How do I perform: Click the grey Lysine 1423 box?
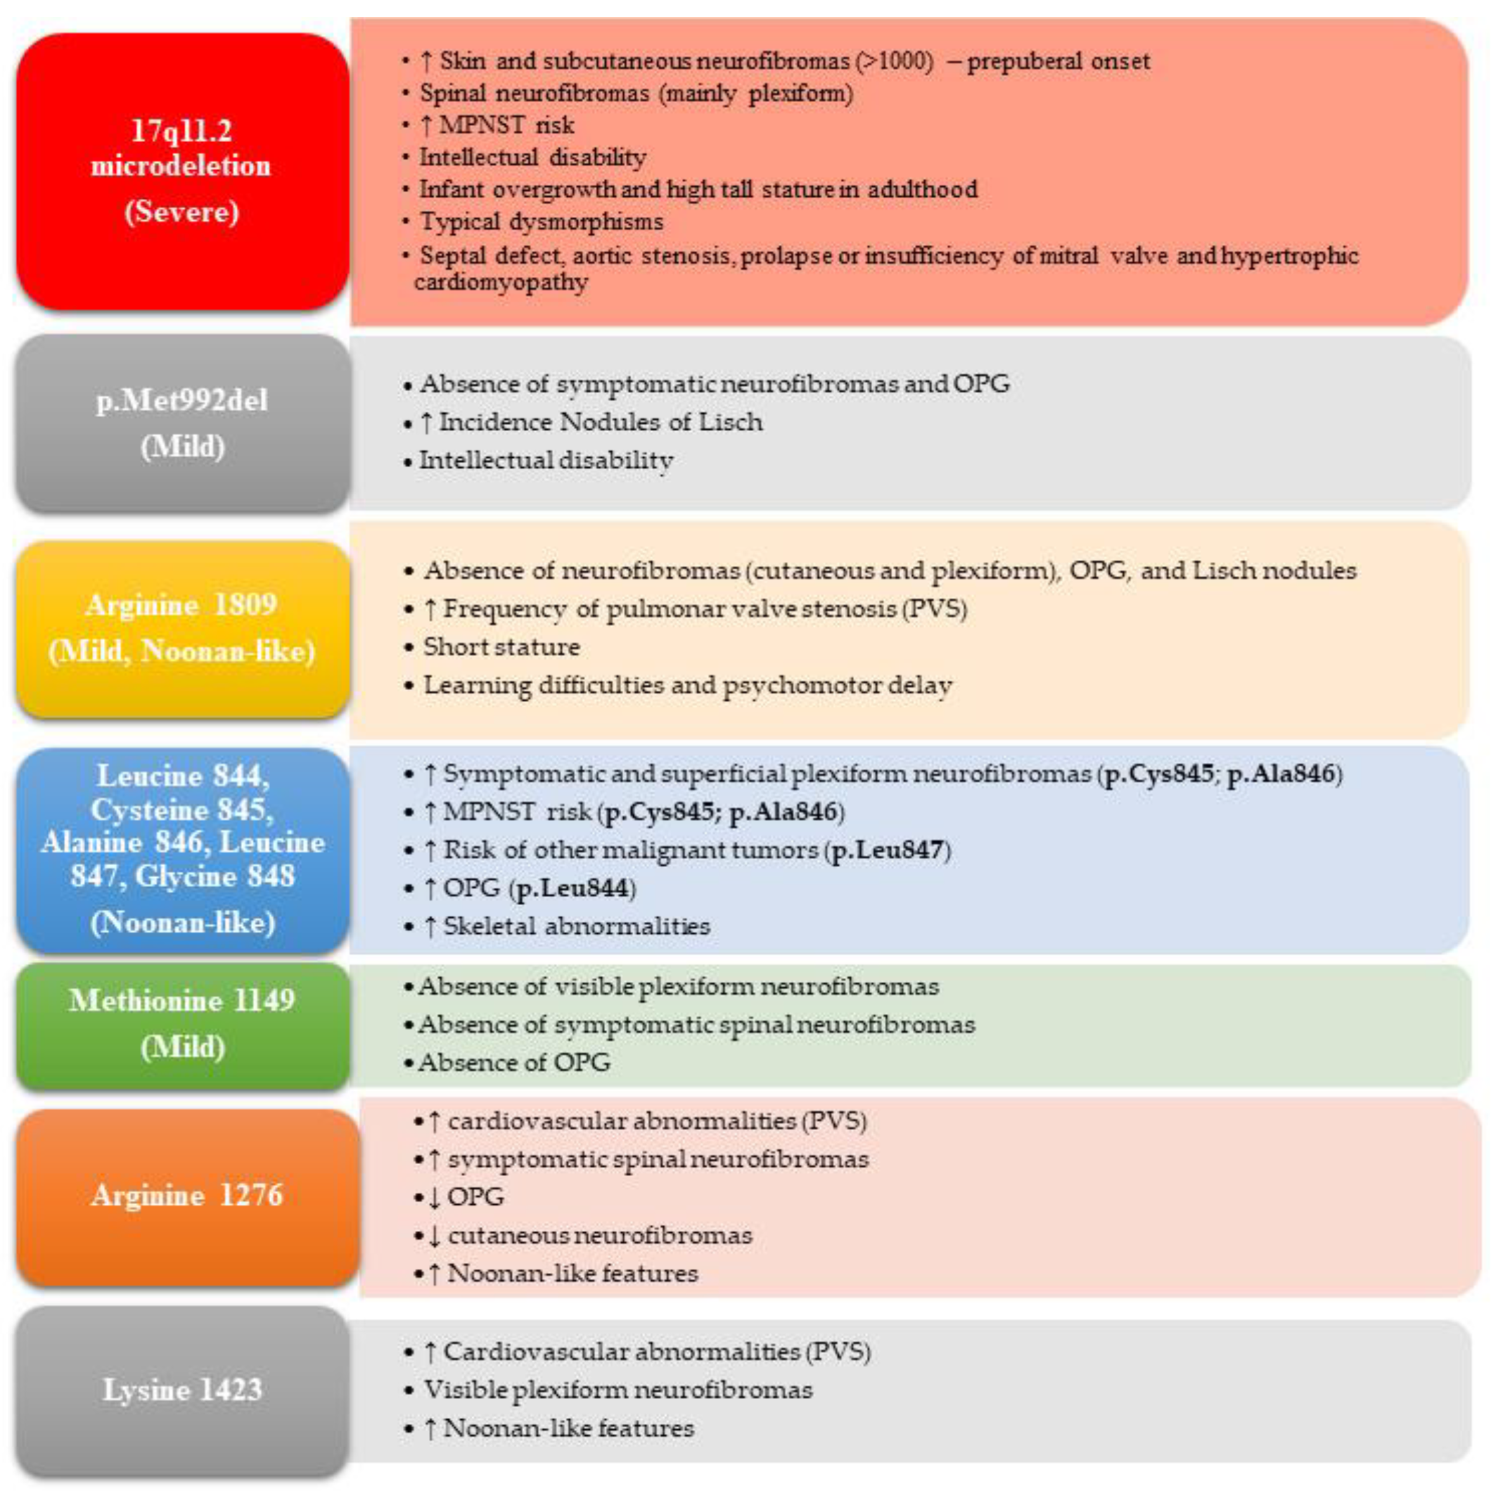coord(182,1390)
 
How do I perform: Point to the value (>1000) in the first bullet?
coord(894,61)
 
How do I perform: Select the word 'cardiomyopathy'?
coord(501,282)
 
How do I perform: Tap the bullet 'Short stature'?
coord(501,647)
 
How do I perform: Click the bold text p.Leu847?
coord(888,850)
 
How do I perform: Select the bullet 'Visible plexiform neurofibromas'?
coord(617,1390)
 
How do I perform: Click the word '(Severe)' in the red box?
coord(182,212)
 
